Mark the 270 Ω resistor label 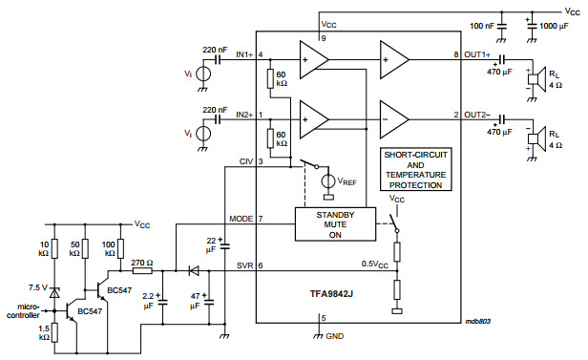tap(142, 261)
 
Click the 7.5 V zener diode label tap(37, 286)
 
